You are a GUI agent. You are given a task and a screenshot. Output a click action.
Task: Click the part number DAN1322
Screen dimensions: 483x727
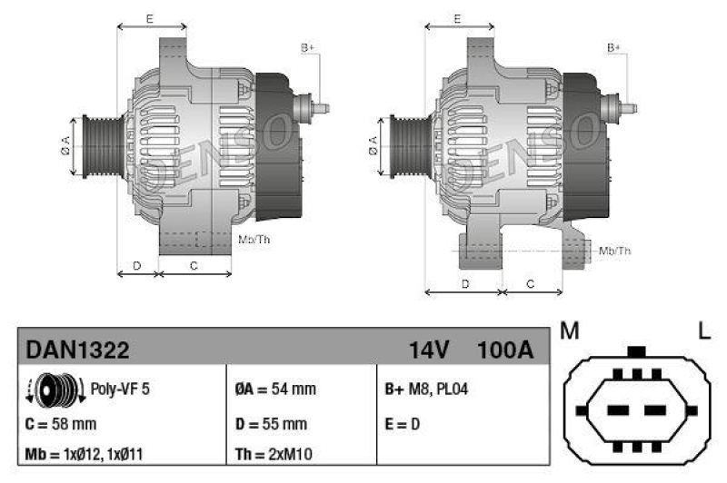click(x=77, y=350)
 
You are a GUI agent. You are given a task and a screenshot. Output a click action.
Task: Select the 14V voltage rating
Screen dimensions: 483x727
click(x=431, y=350)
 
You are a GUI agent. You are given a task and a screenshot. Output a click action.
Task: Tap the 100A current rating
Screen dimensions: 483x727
click(x=504, y=350)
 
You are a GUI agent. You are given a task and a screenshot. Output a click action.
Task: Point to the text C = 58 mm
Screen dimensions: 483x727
click(x=62, y=423)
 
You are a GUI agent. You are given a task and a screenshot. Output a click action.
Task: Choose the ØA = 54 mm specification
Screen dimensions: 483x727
click(x=274, y=389)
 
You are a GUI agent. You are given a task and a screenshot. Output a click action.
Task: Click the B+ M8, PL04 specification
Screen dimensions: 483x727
click(x=427, y=389)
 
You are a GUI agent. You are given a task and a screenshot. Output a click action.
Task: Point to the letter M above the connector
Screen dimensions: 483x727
click(x=570, y=332)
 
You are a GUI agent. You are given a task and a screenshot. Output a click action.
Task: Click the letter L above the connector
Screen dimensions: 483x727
click(x=703, y=332)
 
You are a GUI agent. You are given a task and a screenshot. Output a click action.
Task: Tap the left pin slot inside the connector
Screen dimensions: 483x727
click(x=618, y=409)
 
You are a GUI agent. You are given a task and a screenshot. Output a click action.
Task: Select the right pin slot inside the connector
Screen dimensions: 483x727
click(x=656, y=409)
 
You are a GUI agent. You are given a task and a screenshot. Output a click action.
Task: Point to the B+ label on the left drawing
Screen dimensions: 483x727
click(x=307, y=47)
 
